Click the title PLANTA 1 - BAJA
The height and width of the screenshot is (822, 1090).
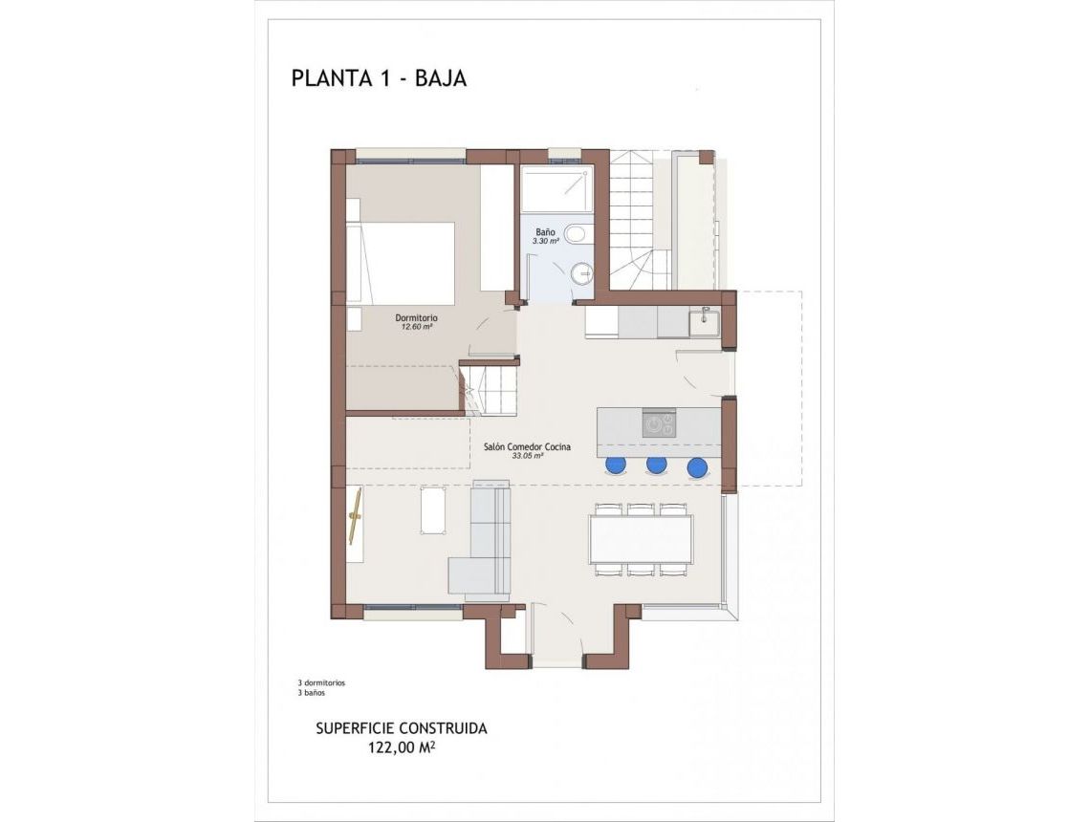[379, 78]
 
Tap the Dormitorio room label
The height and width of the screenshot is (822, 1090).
[417, 317]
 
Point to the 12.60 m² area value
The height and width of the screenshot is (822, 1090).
[417, 327]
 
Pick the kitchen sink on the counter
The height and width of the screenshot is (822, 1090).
[706, 321]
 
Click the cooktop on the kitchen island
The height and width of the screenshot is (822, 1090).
[659, 422]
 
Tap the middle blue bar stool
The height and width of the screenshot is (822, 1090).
[656, 466]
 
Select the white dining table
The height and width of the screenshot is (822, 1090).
[641, 540]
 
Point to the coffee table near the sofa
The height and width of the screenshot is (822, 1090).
[432, 509]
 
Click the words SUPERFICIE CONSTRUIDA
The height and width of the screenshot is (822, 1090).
[402, 728]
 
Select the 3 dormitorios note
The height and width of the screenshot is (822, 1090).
[321, 683]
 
